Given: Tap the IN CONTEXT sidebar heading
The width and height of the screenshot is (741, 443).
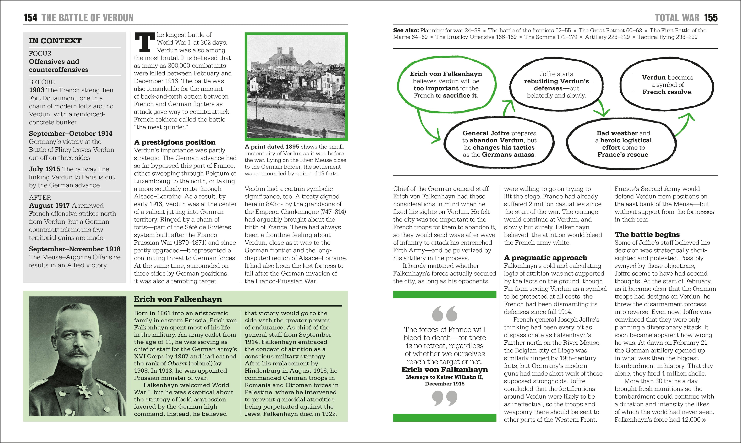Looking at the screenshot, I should pyautogui.click(x=55, y=41).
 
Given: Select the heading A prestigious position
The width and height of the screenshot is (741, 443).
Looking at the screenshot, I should pyautogui.click(x=175, y=142).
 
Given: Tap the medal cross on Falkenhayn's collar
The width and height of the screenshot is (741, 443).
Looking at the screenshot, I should pyautogui.click(x=85, y=392).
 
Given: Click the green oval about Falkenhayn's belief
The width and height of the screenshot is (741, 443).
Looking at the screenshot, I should pyautogui.click(x=446, y=85).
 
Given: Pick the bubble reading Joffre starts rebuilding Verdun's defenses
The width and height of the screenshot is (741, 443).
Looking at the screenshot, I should pyautogui.click(x=556, y=85).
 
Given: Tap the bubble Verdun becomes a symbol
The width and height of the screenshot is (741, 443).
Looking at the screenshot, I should pyautogui.click(x=667, y=85).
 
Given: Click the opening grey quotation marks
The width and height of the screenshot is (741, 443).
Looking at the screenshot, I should pyautogui.click(x=445, y=314).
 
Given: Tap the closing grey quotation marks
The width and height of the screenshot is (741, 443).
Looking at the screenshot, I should pyautogui.click(x=445, y=398).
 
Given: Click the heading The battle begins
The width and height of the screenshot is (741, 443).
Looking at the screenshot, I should pyautogui.click(x=647, y=235).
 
